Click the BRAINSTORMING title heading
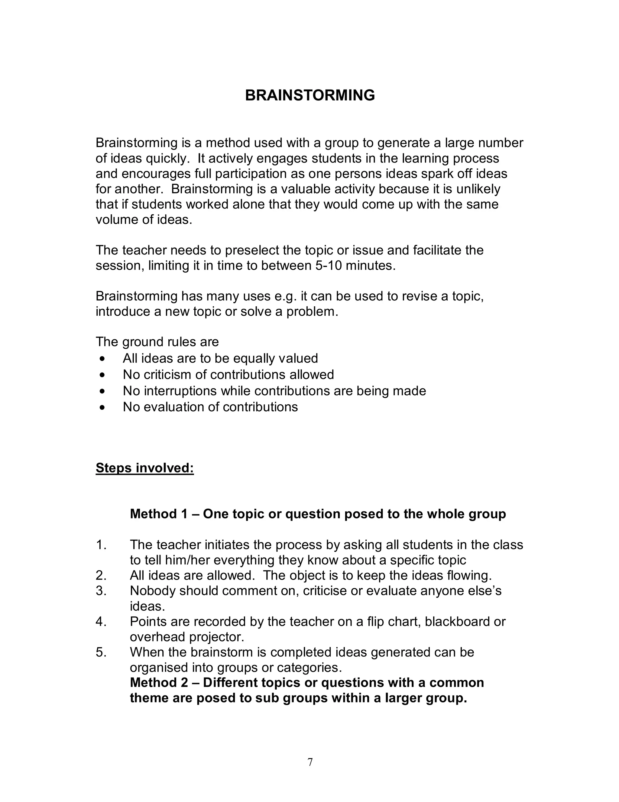coord(310,95)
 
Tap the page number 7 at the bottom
coord(310,762)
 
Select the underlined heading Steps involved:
coord(144,468)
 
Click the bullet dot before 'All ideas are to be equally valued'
coord(103,358)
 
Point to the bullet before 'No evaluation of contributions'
coord(103,407)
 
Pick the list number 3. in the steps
coord(101,591)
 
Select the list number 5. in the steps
coord(101,652)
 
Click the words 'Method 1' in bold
coord(159,514)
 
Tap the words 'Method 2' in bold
coord(159,683)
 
